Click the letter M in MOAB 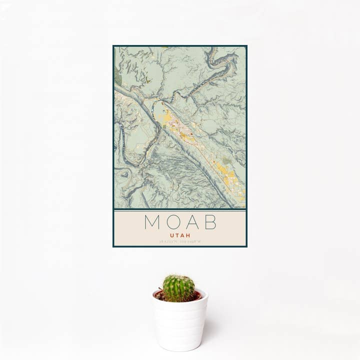click(152, 222)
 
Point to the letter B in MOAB click(210, 222)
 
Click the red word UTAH click(180, 234)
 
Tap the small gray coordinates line click(180, 241)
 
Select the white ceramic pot click(180, 322)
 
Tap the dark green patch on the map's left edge click(118, 77)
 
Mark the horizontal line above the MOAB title click(180, 210)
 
